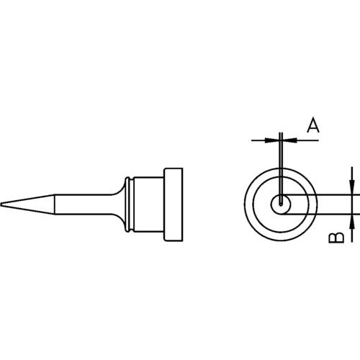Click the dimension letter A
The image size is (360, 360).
312,126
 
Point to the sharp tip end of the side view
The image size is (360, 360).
4,204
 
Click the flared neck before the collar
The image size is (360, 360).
117,204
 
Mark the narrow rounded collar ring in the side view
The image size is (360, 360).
128,204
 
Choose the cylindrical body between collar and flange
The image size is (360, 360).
148,204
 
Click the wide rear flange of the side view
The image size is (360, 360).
174,204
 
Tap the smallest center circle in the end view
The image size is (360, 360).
278,204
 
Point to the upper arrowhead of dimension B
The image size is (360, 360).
351,189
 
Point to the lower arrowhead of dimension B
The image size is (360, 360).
351,220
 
